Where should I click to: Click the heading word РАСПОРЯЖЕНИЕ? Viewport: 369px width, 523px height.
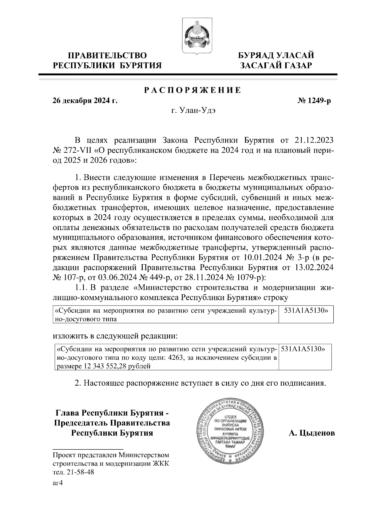[192, 90]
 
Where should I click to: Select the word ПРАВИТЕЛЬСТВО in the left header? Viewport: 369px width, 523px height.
[107, 56]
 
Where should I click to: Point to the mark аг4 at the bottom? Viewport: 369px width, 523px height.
[58, 483]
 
